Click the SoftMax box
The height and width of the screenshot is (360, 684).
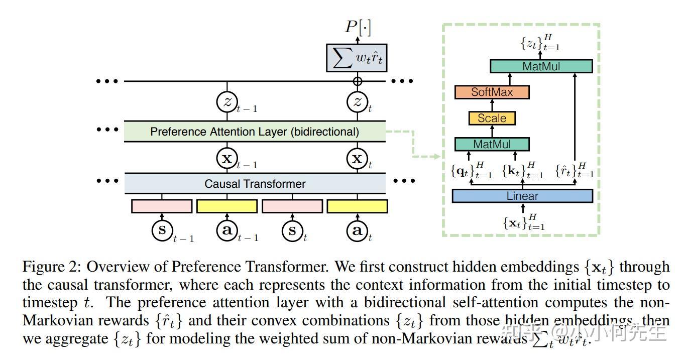click(492, 92)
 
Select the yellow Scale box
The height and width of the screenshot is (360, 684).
click(492, 118)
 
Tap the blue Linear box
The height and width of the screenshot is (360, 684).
click(522, 196)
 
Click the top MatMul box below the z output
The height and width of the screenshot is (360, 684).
click(541, 66)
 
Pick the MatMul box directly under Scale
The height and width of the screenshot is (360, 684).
click(492, 145)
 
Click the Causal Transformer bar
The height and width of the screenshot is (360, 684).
click(255, 184)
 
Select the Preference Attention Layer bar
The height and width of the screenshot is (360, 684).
click(255, 132)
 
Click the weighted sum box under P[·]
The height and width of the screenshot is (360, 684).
click(358, 57)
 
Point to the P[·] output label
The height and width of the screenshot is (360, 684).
click(358, 28)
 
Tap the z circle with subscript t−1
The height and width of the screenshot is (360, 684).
click(226, 102)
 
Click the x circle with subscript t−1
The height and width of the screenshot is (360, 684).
click(226, 159)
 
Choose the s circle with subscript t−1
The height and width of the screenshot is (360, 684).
click(162, 230)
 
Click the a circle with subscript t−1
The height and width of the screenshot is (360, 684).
click(226, 230)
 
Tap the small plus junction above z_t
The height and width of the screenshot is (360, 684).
click(358, 81)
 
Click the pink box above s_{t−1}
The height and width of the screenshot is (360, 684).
click(162, 206)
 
